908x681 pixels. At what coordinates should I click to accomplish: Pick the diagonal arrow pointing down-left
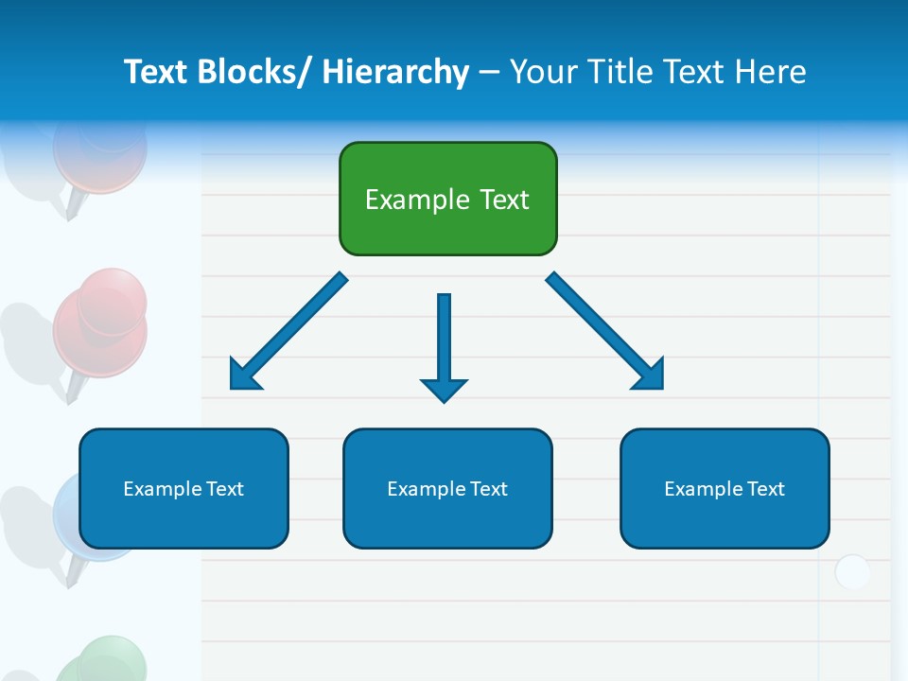(x=288, y=332)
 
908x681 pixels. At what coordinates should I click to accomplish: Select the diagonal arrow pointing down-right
(x=605, y=332)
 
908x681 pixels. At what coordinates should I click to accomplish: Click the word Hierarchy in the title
(x=395, y=72)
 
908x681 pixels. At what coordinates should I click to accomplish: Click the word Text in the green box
(x=504, y=200)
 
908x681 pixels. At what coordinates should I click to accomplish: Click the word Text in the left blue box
(x=225, y=489)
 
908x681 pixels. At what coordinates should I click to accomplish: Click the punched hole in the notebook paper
(x=852, y=572)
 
